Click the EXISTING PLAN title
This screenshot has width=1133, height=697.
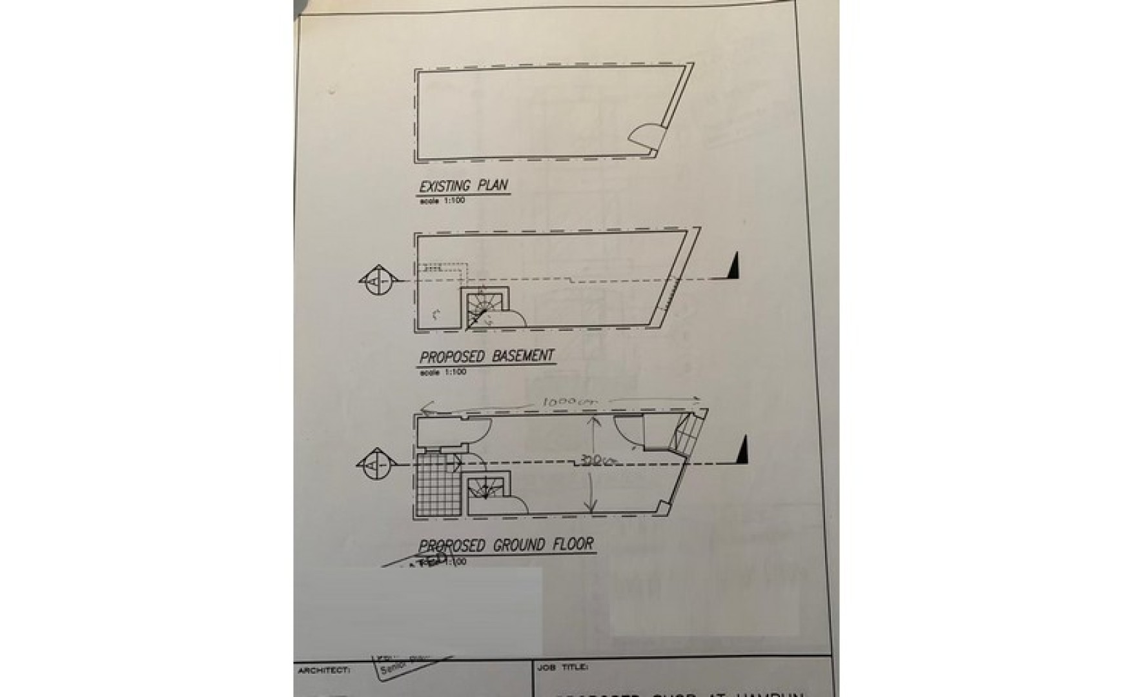(464, 186)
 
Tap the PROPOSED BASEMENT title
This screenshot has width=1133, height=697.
(487, 356)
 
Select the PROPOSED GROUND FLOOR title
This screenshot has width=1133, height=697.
(506, 545)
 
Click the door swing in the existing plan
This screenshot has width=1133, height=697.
(646, 139)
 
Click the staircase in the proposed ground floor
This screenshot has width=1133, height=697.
(487, 489)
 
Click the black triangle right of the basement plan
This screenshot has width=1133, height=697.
(733, 265)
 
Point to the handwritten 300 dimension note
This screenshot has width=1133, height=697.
(593, 461)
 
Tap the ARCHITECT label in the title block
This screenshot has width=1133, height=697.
(323, 671)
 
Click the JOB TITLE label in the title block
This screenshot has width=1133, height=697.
(562, 667)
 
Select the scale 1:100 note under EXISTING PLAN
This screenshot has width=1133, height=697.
(442, 201)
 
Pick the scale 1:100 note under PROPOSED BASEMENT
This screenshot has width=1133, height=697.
(442, 372)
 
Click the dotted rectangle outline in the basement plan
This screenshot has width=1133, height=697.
(442, 271)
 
